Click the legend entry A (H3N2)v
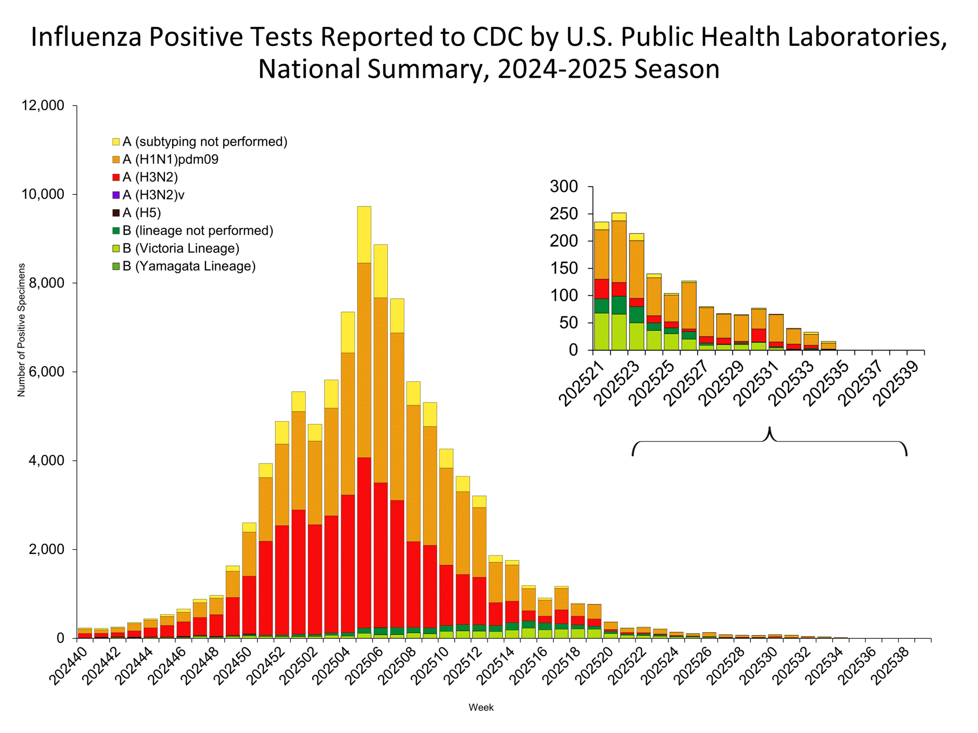click(x=153, y=195)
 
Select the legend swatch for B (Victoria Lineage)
click(x=116, y=248)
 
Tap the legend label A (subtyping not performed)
click(x=205, y=142)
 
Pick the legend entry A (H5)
click(x=141, y=213)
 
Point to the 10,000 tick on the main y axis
click(x=43, y=194)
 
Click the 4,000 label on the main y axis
click(x=47, y=460)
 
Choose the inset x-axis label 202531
click(x=755, y=383)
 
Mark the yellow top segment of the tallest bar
click(x=364, y=234)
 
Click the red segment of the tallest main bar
click(x=364, y=544)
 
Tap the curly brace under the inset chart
click(x=769, y=441)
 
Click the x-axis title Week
click(x=481, y=707)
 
